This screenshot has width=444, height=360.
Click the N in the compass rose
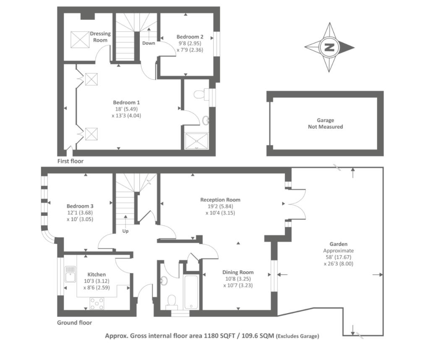(329, 47)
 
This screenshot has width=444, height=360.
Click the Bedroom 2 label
(187, 37)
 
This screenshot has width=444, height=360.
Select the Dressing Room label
(100, 37)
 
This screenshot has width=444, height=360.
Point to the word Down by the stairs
(149, 43)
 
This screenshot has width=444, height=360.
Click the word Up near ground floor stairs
(125, 231)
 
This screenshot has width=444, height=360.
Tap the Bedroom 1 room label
(126, 102)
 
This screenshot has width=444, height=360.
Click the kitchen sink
(69, 273)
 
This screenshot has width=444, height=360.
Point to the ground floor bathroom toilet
(171, 301)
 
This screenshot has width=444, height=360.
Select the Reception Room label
(220, 200)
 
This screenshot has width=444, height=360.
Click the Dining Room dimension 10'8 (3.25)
(238, 279)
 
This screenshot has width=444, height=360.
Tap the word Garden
(338, 244)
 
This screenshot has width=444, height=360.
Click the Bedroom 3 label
(80, 206)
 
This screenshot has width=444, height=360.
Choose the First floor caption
(70, 161)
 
